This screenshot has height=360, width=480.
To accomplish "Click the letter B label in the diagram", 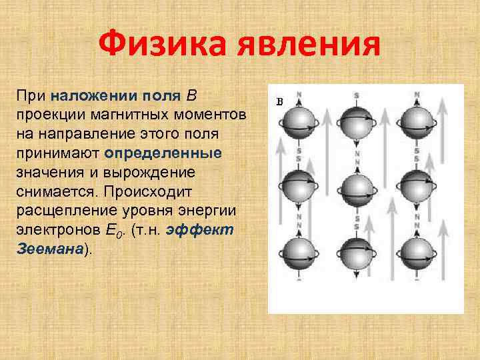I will pos(279,102).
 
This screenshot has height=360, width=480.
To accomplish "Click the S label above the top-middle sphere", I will pos(357,96).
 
